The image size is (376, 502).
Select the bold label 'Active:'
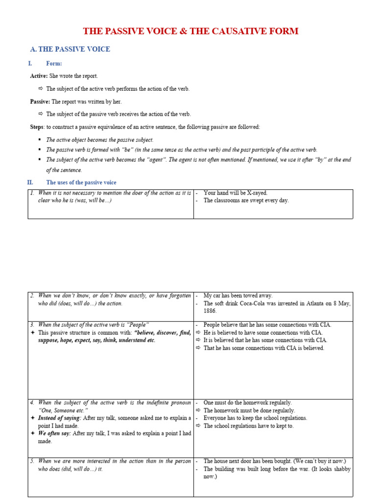[x=39, y=76]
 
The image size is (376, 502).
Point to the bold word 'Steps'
[x=37, y=127]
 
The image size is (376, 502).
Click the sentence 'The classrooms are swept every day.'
[x=246, y=201]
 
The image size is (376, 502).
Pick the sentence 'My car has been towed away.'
[x=238, y=296]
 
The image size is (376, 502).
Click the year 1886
[x=210, y=311]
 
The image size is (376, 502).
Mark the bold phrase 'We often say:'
[x=54, y=433]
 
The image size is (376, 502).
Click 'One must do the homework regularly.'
[x=247, y=402]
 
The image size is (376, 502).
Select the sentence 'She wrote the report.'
[x=73, y=76]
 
